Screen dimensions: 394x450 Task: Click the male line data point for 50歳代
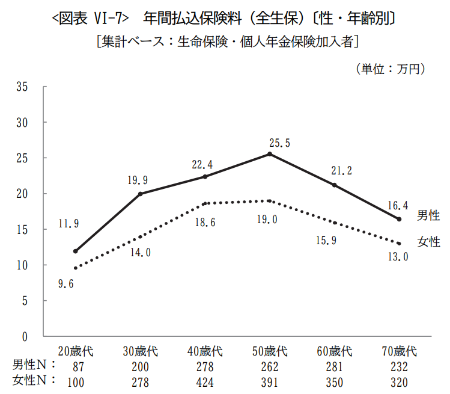pyautogui.click(x=270, y=154)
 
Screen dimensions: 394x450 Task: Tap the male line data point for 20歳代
pyautogui.click(x=75, y=251)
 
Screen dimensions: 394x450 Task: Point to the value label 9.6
pyautogui.click(x=66, y=284)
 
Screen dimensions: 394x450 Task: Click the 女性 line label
pyautogui.click(x=428, y=242)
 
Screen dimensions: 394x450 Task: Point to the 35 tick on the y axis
pyautogui.click(x=23, y=87)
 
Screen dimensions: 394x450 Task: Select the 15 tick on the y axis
pyautogui.click(x=23, y=229)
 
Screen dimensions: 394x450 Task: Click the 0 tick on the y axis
pyautogui.click(x=26, y=336)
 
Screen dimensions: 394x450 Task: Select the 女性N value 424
pyautogui.click(x=205, y=381)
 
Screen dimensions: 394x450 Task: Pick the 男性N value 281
pyautogui.click(x=335, y=366)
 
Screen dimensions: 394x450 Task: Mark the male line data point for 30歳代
pyautogui.click(x=140, y=194)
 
